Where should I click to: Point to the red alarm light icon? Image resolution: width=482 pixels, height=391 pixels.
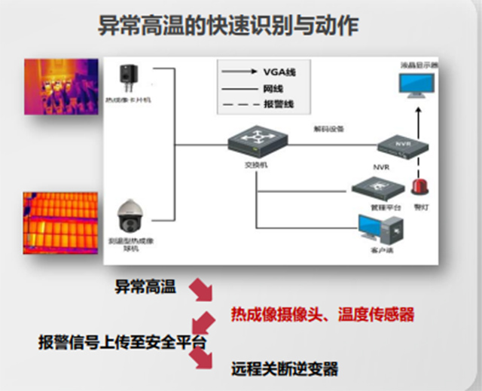coord(421,185)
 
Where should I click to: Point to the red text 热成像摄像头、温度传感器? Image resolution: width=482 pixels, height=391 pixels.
coord(322,313)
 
